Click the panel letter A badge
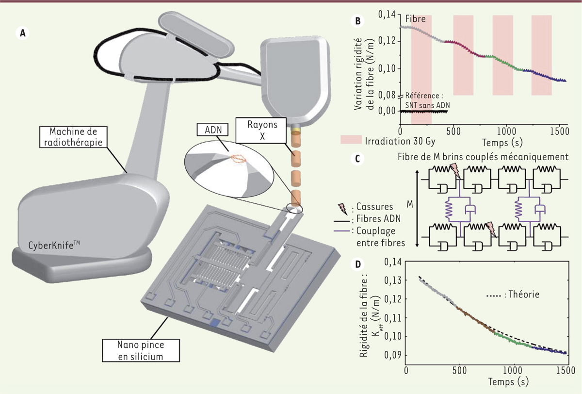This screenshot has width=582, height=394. point(22,33)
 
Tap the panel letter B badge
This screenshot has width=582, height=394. point(358,21)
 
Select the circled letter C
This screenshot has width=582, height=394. point(357,159)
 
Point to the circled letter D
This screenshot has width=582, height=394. point(358,264)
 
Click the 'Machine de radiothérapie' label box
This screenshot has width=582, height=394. point(73,137)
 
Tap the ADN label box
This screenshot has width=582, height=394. point(212,130)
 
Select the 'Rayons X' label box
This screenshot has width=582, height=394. point(261,131)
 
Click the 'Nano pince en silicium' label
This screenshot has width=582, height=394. point(141,350)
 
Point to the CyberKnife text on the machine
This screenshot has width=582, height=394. point(54,245)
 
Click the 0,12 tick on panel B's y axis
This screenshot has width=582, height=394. point(386,41)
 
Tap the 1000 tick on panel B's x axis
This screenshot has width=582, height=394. point(506,131)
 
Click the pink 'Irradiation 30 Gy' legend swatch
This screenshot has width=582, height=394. point(351,140)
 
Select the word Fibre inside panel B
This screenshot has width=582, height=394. point(416,19)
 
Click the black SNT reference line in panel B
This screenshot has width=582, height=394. point(424,112)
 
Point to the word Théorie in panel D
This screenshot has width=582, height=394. point(524,294)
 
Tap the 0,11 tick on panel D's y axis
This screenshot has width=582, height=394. point(393,318)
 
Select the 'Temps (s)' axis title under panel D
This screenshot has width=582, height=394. point(508,382)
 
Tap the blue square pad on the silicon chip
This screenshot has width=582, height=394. point(215,323)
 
